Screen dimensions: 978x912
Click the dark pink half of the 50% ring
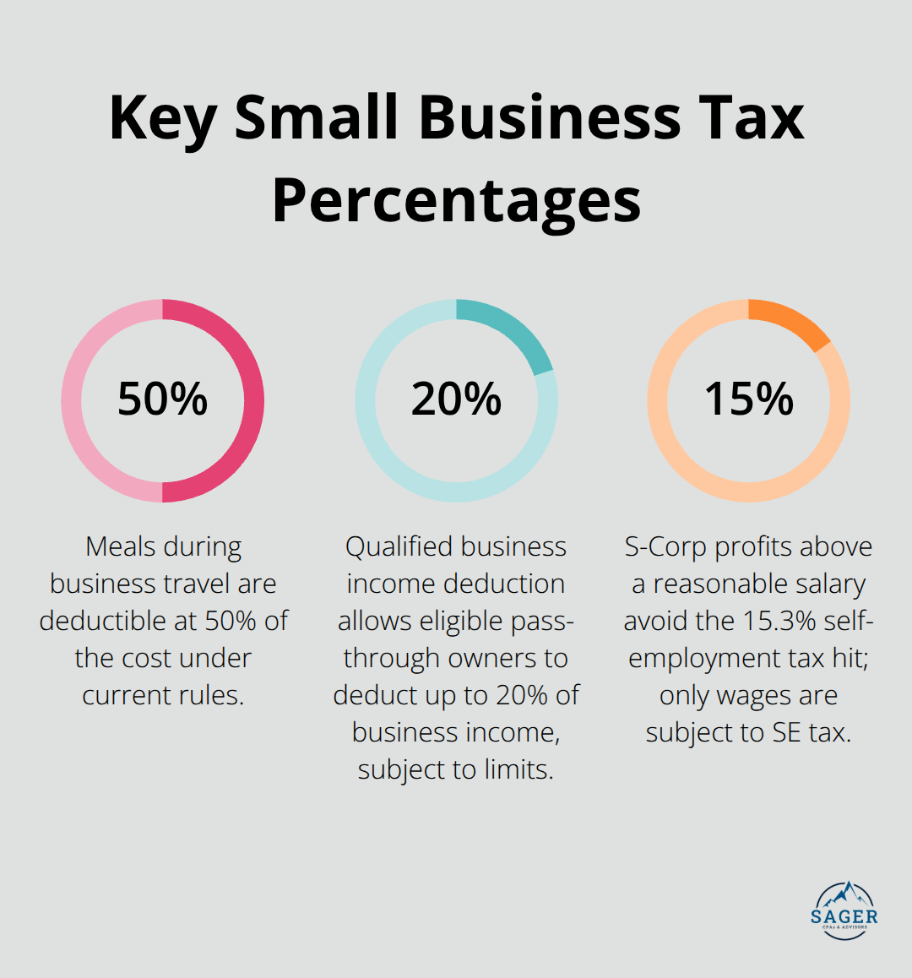pos(253,400)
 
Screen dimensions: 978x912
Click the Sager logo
pos(844,910)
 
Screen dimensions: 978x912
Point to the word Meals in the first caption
pos(122,546)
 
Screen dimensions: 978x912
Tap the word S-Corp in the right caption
pos(666,546)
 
